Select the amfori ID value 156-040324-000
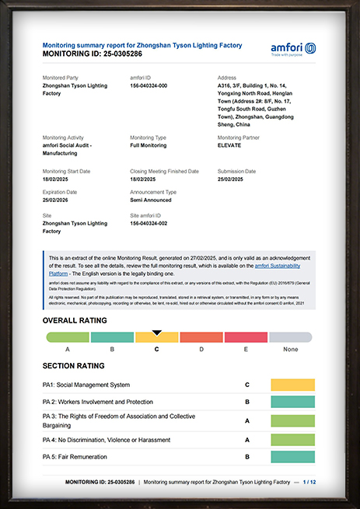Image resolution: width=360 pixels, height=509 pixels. pos(153,86)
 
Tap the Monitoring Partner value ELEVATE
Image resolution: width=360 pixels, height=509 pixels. pos(231,145)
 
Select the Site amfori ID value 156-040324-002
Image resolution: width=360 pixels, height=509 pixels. pos(153,223)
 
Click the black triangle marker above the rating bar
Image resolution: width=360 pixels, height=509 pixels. pos(157,332)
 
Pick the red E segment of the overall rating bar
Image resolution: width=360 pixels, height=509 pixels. pos(245,337)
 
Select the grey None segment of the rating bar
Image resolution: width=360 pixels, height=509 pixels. pos(290,337)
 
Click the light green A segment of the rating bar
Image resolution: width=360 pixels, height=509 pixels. pos(68,337)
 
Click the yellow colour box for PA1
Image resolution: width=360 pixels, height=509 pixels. pos(292,385)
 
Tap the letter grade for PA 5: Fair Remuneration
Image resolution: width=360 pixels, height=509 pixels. pos(246,456)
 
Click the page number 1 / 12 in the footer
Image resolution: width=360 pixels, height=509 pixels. pos(309,482)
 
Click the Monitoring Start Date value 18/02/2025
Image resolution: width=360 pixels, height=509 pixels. pos(58,178)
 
